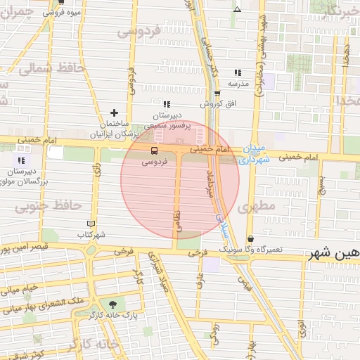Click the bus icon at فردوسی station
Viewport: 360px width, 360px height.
(x=155, y=150)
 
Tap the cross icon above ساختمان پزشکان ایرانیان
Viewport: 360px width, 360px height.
(x=114, y=113)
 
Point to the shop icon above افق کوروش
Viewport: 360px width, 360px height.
(x=217, y=93)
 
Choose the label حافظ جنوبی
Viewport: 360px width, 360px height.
(x=49, y=205)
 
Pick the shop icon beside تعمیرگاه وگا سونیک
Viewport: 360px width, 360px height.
(x=251, y=239)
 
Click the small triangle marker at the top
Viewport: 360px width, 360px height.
(x=238, y=9)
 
